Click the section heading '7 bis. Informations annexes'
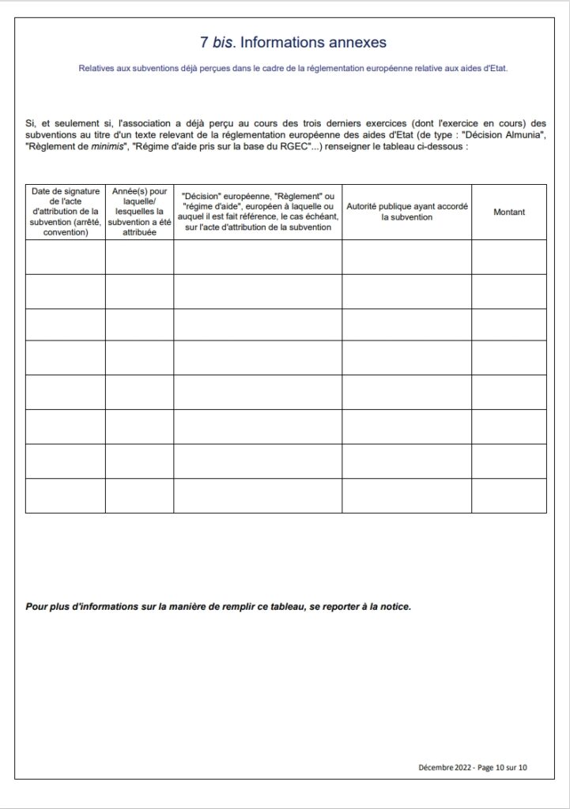(x=293, y=42)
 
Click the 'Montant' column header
(x=509, y=212)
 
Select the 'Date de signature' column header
(x=65, y=212)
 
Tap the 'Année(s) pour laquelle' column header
(x=139, y=212)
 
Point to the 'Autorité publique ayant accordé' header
(x=406, y=212)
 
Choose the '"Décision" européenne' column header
(x=258, y=212)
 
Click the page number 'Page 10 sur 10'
(x=502, y=767)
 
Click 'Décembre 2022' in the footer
(x=445, y=767)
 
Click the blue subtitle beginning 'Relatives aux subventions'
(x=293, y=69)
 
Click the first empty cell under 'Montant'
(x=509, y=257)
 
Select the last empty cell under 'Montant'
(x=509, y=495)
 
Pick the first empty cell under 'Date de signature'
(x=65, y=257)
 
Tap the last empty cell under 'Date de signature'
(x=65, y=495)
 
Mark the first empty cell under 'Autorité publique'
(x=406, y=257)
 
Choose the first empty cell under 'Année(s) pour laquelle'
(x=139, y=257)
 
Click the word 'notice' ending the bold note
(x=395, y=608)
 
